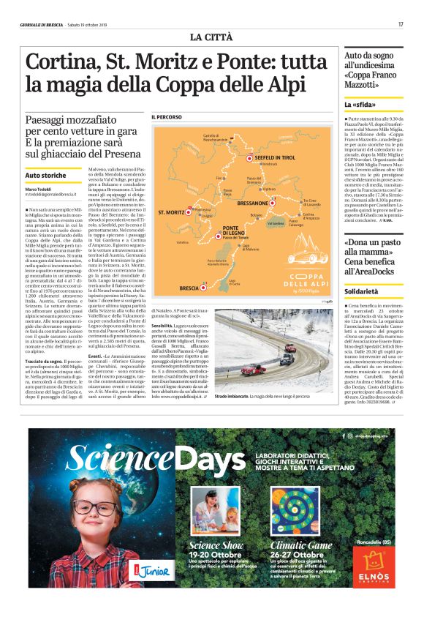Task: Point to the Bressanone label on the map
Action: (x=252, y=202)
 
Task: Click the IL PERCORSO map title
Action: (x=167, y=117)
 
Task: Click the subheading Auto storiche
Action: (x=45, y=176)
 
